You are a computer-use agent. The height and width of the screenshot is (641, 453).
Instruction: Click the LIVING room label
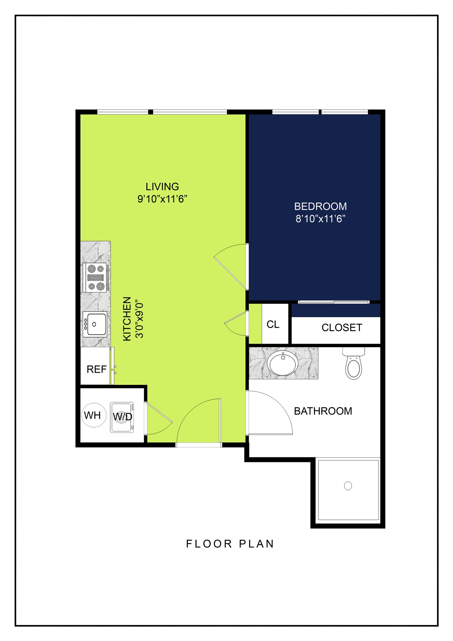pos(162,187)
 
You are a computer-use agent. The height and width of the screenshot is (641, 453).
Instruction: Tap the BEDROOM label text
pos(320,207)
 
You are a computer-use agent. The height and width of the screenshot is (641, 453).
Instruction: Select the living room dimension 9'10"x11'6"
pos(162,199)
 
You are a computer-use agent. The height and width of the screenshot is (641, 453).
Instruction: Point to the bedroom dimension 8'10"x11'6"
pos(320,218)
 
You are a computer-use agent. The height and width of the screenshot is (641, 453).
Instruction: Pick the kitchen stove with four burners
pos(96,277)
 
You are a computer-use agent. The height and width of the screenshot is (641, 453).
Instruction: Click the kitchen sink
pos(95,324)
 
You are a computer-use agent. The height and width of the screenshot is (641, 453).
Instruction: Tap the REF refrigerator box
pos(96,369)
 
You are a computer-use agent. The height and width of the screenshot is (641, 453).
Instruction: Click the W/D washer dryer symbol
pos(122,417)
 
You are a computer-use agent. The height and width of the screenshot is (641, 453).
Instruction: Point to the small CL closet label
pos(273,324)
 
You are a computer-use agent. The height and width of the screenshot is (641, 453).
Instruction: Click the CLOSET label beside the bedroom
pos(342,327)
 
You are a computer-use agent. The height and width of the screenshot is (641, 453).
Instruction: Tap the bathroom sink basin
pos(283,363)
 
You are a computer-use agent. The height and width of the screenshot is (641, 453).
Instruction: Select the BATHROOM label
pos(323,411)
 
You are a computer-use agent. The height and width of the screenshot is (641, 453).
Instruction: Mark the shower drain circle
pos(348,486)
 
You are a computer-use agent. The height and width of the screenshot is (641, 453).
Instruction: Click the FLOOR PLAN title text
pos(230,544)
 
